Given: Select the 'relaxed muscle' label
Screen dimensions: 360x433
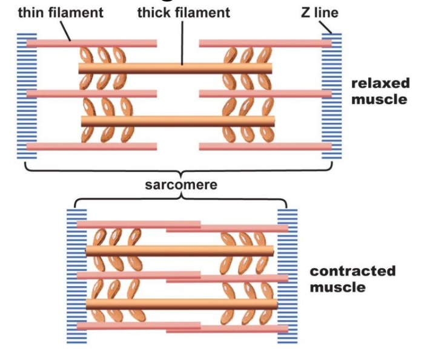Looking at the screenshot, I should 380,90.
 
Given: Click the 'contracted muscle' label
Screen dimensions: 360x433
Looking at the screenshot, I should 352,278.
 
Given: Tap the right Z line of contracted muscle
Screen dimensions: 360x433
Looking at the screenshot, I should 287,275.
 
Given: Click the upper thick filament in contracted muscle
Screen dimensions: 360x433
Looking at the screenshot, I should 182,250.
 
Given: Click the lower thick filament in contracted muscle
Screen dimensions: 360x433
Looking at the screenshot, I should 182,303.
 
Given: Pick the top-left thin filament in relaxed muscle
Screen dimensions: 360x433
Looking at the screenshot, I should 91,43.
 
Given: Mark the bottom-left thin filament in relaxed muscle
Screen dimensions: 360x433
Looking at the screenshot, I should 91,146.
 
